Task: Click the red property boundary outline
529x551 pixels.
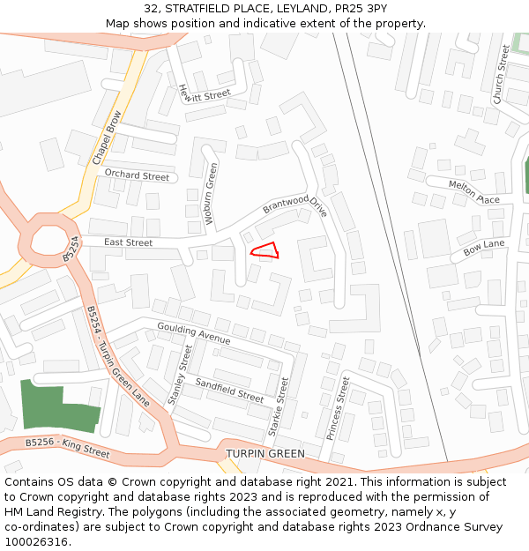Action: [265, 250]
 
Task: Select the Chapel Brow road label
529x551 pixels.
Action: [107, 138]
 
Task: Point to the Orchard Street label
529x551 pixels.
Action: [137, 175]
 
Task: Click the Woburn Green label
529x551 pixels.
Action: [211, 193]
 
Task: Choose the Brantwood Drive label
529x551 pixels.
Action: [294, 205]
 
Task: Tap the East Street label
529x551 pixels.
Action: [128, 242]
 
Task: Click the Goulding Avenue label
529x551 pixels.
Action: [193, 333]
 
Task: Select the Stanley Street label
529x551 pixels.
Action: [179, 374]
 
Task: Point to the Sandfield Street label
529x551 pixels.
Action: [229, 390]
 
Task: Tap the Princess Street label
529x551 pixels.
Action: [338, 406]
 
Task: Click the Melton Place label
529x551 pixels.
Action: [473, 191]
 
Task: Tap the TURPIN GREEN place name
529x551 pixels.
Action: [265, 454]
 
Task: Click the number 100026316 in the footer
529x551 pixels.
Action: [40, 542]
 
